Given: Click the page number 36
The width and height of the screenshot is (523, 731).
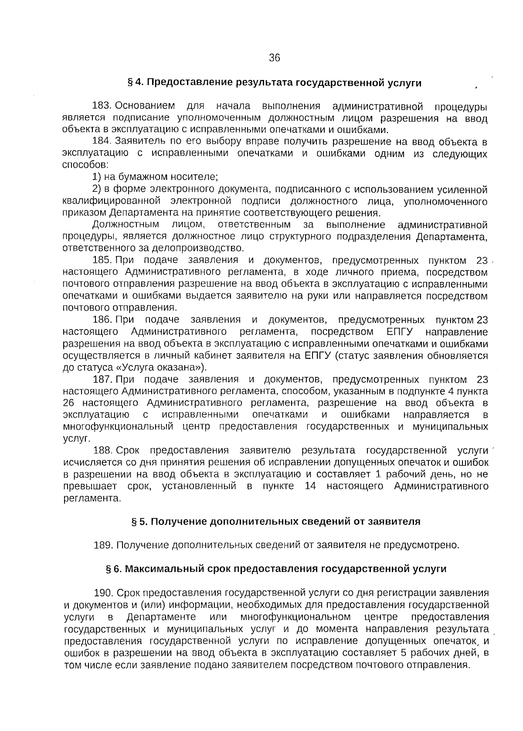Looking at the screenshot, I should tap(274, 58).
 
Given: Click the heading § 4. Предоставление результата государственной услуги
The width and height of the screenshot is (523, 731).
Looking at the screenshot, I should tap(274, 82).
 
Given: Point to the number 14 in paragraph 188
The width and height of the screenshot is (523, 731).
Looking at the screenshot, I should tap(310, 486).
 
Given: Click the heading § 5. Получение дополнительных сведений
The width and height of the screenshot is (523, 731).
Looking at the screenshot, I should tap(276, 522).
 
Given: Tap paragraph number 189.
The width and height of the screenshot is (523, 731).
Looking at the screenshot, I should tap(104, 545).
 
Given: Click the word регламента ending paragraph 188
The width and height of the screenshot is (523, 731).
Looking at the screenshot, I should tap(92, 498).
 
